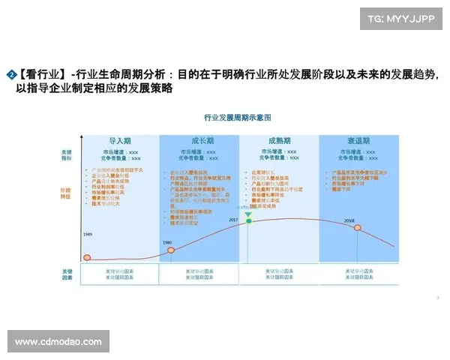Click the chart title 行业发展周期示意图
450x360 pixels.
click(237, 118)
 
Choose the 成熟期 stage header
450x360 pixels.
click(279, 141)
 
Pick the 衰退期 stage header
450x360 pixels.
click(358, 141)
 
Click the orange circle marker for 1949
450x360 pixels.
click(87, 258)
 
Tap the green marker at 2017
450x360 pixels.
click(248, 215)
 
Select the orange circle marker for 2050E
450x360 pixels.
click(358, 229)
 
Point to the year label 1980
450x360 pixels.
click(167, 242)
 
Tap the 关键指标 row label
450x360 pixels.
click(67, 155)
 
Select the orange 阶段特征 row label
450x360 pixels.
click(67, 193)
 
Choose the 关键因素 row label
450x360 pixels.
click(67, 274)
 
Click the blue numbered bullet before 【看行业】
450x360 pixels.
click(11, 74)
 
